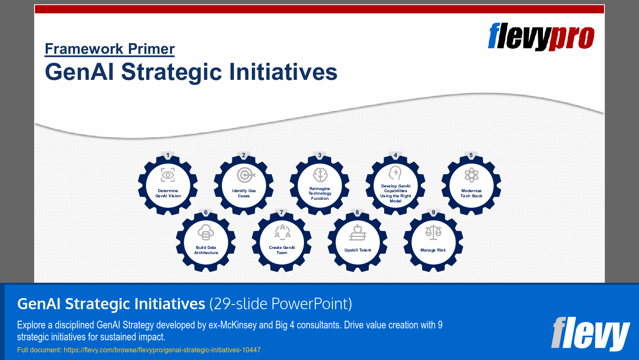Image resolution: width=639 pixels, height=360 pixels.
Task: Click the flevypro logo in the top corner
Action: (x=541, y=37)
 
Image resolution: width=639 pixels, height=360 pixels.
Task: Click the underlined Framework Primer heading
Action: (x=110, y=49)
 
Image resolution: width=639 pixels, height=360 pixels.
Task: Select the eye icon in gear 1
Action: (x=168, y=175)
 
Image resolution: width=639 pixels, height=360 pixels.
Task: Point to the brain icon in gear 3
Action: (x=320, y=175)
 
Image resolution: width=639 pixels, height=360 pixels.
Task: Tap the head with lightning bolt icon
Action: (x=395, y=173)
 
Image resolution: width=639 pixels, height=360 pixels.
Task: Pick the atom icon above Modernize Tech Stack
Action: (x=471, y=175)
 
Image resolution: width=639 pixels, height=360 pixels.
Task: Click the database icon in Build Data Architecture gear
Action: (x=206, y=232)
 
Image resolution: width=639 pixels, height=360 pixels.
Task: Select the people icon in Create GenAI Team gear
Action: (x=282, y=232)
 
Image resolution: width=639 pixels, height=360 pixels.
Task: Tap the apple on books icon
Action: (x=358, y=233)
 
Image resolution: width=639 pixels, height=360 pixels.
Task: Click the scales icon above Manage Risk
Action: (x=433, y=233)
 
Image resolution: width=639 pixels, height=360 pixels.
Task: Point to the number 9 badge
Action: (x=433, y=212)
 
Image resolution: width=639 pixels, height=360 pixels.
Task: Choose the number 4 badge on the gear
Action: (x=395, y=155)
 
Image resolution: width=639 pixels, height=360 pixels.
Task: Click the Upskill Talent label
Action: (x=358, y=250)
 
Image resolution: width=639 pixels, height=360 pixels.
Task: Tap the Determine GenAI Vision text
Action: (x=168, y=193)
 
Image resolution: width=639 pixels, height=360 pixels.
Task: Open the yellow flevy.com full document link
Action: (x=162, y=350)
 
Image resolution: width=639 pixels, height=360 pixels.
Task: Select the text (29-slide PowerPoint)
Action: (x=280, y=304)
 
